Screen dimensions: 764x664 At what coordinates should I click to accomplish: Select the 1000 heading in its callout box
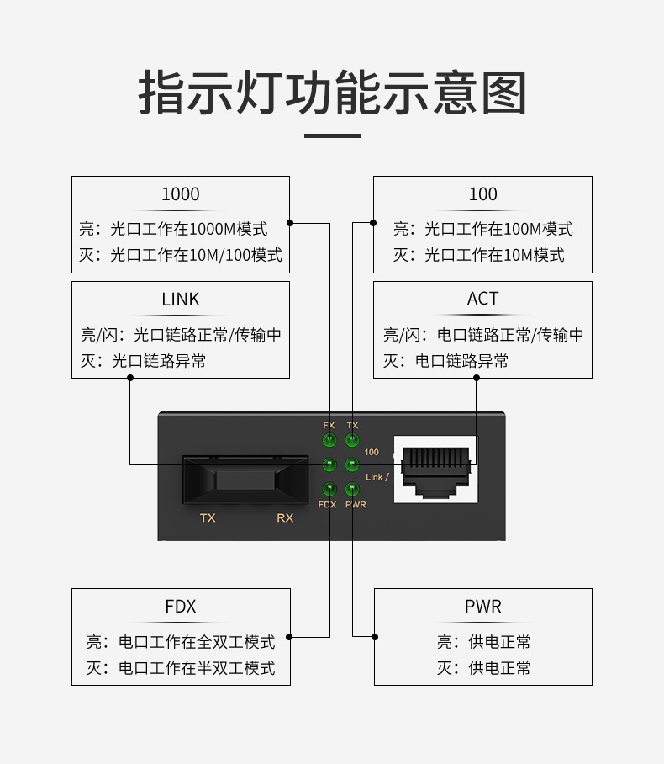181,194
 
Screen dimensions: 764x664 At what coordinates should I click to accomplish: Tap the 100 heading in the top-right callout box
482,194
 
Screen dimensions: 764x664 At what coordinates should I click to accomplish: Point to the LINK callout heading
181,300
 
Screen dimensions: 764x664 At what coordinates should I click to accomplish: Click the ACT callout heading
482,299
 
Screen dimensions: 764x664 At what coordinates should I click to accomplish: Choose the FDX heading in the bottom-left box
181,607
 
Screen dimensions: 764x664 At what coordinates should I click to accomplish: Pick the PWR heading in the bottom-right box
482,607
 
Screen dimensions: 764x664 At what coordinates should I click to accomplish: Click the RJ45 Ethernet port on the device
435,468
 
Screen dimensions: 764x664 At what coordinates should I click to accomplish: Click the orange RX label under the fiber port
285,517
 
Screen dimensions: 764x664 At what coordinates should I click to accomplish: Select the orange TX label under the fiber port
208,517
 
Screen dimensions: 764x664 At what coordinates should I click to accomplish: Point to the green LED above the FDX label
329,490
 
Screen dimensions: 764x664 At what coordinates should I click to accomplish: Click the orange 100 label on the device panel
372,452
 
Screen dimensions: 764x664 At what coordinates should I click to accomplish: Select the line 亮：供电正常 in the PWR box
483,642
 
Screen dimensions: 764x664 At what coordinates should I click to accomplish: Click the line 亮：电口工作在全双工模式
181,642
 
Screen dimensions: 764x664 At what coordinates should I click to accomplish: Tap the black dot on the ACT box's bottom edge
477,378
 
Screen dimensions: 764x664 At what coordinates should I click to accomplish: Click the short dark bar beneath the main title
332,135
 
